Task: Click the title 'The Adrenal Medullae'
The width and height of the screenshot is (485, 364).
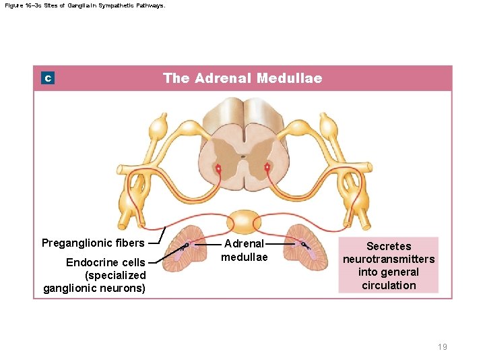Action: pos(243,78)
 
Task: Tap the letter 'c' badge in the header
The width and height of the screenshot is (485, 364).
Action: pos(48,79)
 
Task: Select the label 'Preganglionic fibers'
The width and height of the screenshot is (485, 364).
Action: pos(93,243)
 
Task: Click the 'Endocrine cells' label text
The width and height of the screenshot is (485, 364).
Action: pos(105,262)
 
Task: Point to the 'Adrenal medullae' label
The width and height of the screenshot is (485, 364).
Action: pos(245,250)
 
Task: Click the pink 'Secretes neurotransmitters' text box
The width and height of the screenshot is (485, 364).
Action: pos(389,265)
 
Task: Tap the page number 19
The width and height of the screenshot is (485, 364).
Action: pos(442,347)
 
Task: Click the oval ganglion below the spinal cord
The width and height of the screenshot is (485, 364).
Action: pos(243,222)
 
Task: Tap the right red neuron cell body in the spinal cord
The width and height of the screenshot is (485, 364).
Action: pos(267,166)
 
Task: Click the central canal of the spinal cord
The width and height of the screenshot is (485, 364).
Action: pos(243,159)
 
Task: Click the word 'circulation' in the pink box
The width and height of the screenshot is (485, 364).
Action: pos(389,285)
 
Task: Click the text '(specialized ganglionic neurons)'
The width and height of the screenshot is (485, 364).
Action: pos(95,282)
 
